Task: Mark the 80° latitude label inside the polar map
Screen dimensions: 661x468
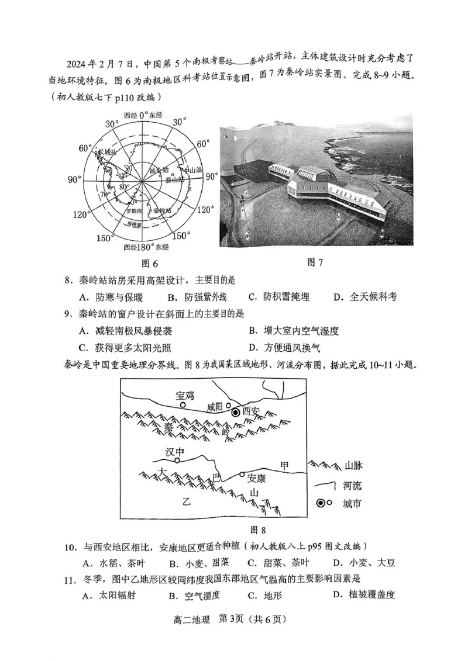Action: click(123, 187)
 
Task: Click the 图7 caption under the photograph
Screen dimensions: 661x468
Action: click(315, 262)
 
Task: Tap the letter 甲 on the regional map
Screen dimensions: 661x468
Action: click(284, 466)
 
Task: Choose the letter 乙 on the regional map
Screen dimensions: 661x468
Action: click(187, 501)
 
